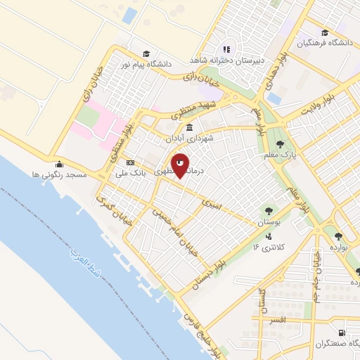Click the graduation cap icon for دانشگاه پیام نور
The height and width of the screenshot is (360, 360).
pyautogui.click(x=146, y=53)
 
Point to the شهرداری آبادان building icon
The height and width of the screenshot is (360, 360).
pyautogui.click(x=190, y=128)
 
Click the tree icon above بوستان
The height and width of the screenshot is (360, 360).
pyautogui.click(x=267, y=210)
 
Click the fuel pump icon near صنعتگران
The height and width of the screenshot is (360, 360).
pyautogui.click(x=341, y=332)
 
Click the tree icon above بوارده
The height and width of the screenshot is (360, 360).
pyautogui.click(x=338, y=236)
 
